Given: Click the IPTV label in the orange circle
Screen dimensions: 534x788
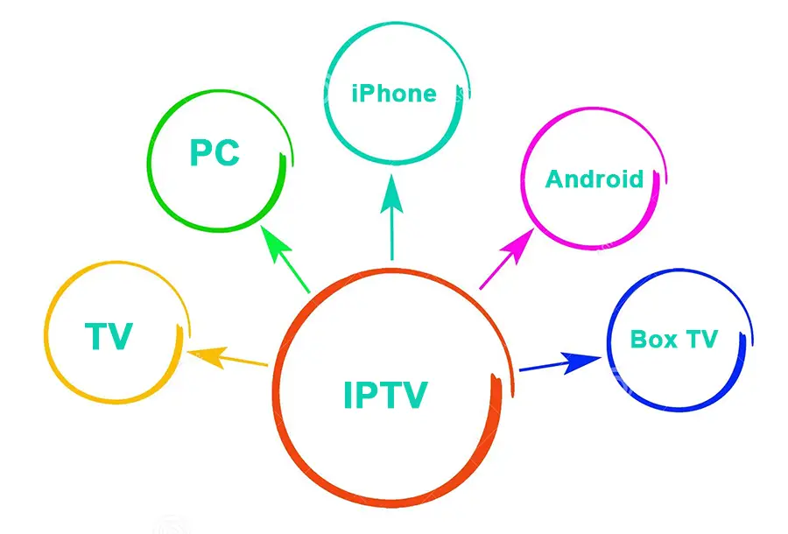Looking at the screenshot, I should click(385, 395).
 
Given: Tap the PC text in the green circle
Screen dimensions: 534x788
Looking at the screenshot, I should click(215, 154).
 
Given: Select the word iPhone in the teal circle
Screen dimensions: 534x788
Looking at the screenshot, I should click(393, 94).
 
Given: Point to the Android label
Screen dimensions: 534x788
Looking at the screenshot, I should click(595, 179).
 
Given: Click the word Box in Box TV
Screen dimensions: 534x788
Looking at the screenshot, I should click(653, 339).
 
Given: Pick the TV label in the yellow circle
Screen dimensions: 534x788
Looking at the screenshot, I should click(109, 336).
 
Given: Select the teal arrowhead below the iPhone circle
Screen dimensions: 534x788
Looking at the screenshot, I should click(391, 193).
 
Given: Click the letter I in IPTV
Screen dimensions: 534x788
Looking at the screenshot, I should click(348, 395).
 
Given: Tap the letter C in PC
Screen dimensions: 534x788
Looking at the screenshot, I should click(228, 154).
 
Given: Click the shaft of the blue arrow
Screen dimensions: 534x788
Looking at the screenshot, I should click(543, 367).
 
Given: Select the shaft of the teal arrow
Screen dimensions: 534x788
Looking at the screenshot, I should click(391, 236).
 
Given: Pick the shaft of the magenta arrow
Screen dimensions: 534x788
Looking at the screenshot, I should click(496, 272).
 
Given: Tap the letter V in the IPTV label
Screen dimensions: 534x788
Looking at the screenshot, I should click(412, 395).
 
